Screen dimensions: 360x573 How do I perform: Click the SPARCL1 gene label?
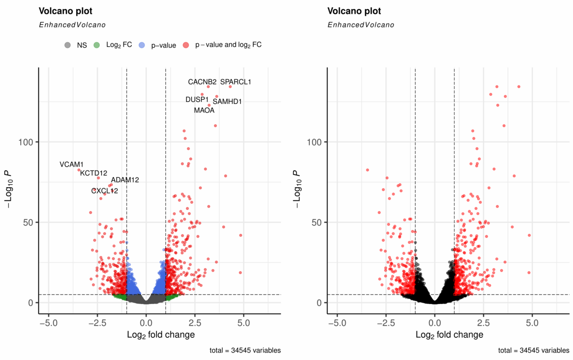236,82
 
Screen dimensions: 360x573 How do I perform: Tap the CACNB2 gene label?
202,82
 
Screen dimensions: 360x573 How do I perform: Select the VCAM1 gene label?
72,165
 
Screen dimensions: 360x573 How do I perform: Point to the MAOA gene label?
204,110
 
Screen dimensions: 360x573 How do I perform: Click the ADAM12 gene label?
125,180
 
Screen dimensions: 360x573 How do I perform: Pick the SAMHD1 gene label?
227,101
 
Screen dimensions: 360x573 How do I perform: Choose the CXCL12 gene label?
104,190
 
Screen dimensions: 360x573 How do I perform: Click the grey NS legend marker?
68,45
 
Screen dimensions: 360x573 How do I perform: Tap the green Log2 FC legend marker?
97,45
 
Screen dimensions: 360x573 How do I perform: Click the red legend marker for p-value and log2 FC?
186,45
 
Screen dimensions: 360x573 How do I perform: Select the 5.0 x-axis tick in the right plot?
532,322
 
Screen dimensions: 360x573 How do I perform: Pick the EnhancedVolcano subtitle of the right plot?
361,25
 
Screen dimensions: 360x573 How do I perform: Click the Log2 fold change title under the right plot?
450,335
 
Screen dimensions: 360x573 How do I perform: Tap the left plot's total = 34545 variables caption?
245,351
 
